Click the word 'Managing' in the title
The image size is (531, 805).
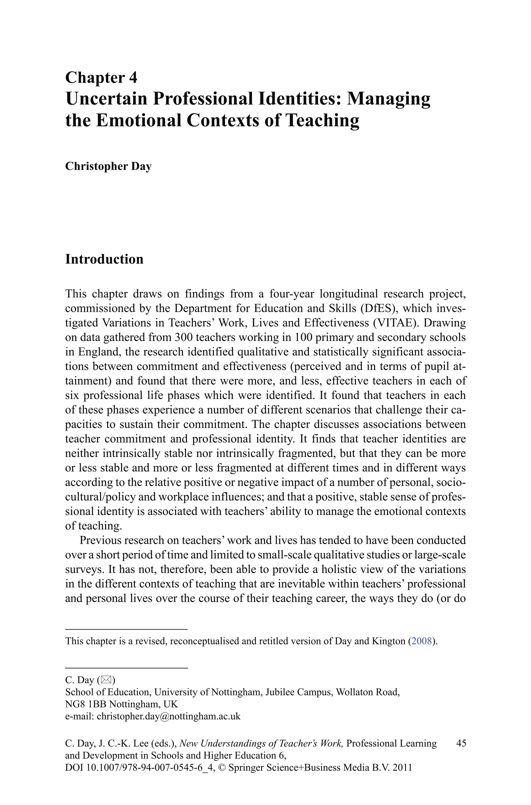388,99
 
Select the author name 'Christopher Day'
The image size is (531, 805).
108,166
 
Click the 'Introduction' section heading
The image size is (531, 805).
104,259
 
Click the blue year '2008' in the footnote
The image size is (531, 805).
421,641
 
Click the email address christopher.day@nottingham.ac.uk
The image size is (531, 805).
169,716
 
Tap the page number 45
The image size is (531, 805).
461,743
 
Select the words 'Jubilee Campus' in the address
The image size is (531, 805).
299,692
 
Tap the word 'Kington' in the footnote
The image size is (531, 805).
389,641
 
